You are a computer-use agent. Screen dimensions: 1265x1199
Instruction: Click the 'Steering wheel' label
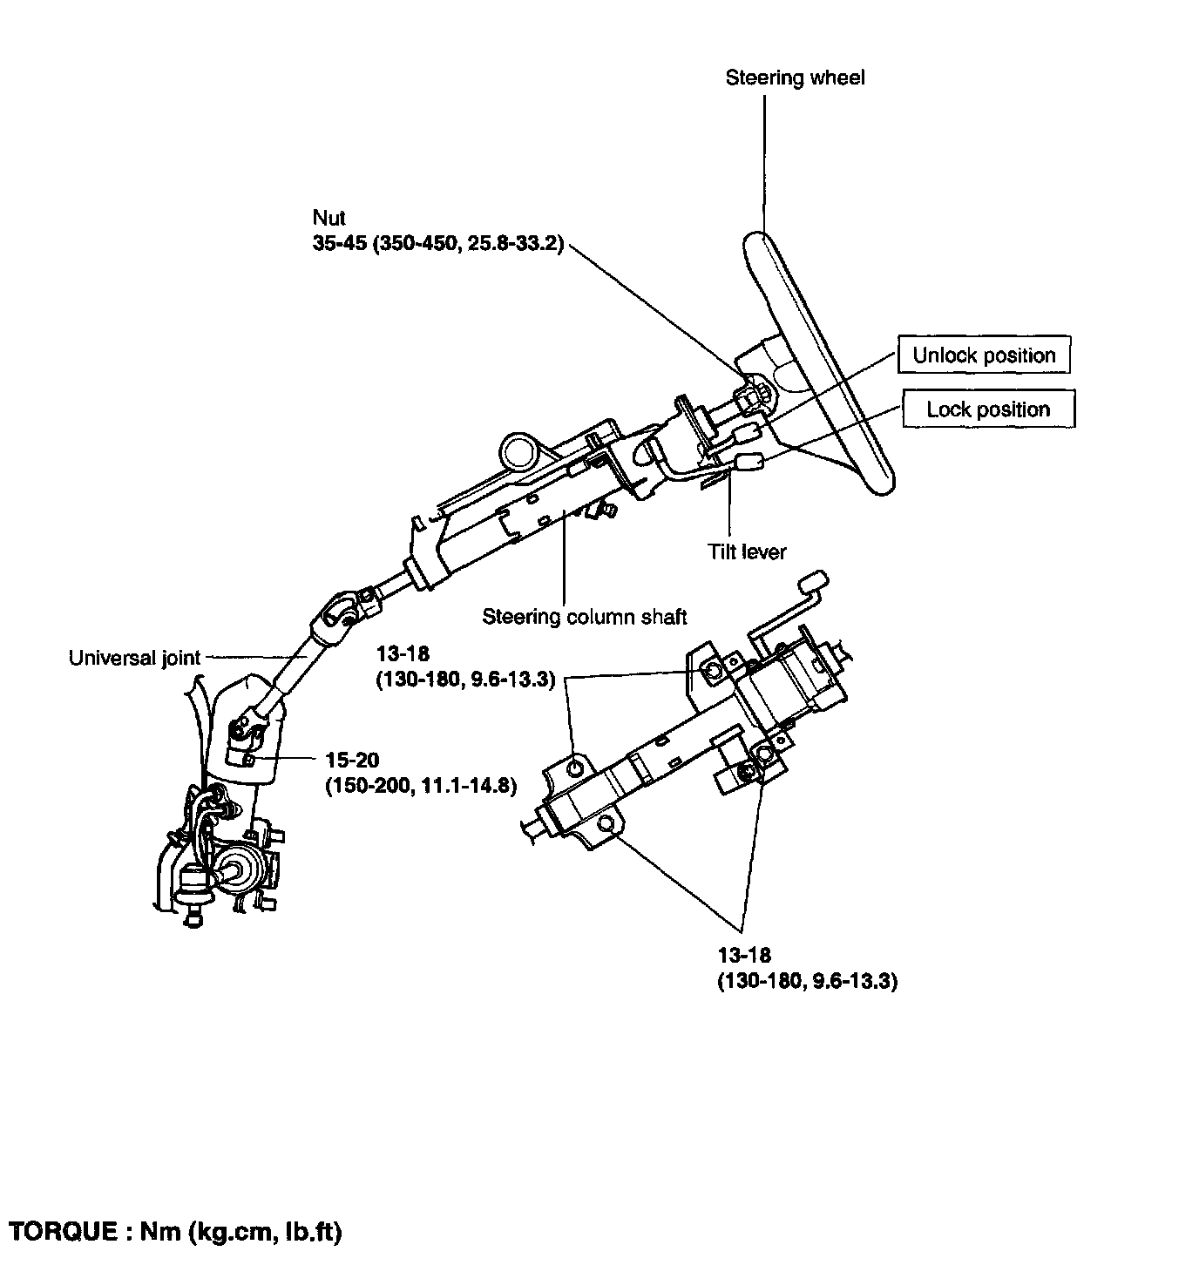click(795, 78)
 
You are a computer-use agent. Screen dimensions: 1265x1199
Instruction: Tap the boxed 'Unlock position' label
click(983, 355)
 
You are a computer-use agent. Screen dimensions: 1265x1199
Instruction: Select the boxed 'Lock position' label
click(988, 409)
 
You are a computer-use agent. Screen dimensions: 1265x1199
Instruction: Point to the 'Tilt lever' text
click(747, 552)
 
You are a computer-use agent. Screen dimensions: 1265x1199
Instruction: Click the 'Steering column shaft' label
click(585, 618)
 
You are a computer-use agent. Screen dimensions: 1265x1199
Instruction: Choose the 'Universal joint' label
click(134, 659)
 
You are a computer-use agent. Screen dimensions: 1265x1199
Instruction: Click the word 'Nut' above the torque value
click(329, 219)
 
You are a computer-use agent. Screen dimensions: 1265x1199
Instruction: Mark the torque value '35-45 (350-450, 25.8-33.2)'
click(438, 245)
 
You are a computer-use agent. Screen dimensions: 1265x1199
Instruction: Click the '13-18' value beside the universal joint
click(403, 654)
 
